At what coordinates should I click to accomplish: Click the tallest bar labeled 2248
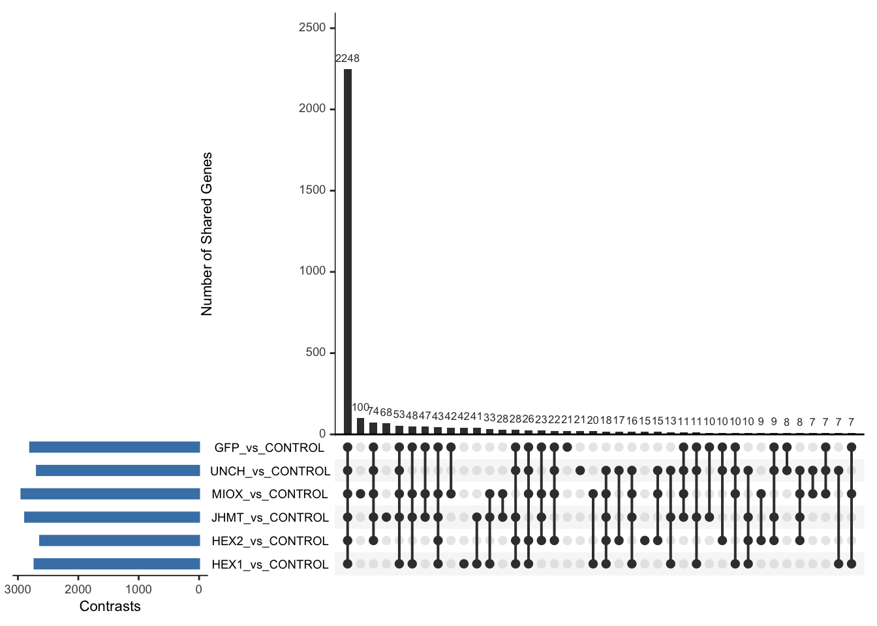point(348,251)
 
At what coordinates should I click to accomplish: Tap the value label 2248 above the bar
point(348,58)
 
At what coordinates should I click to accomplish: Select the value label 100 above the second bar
point(360,408)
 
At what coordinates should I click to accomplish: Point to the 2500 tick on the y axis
point(312,27)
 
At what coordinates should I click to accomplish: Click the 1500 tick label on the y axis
point(312,190)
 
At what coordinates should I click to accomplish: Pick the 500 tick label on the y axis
point(315,352)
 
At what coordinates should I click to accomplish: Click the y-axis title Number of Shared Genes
point(207,234)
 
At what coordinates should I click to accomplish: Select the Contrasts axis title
point(110,606)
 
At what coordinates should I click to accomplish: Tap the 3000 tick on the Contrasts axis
point(18,589)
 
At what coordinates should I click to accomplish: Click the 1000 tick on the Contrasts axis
point(138,589)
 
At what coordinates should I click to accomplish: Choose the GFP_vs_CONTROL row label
point(269,448)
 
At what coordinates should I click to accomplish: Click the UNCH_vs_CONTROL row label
point(270,471)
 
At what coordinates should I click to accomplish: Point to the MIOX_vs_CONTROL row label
point(269,494)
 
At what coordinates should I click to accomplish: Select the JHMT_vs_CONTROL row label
point(269,518)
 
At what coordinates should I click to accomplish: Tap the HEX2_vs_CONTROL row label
point(269,541)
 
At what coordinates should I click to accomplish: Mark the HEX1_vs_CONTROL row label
point(269,565)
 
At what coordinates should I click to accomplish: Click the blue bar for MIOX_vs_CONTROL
point(110,494)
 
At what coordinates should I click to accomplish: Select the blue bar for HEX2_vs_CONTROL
point(119,541)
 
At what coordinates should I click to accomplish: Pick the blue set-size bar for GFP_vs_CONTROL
point(114,447)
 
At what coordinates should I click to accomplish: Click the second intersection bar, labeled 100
point(360,426)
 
